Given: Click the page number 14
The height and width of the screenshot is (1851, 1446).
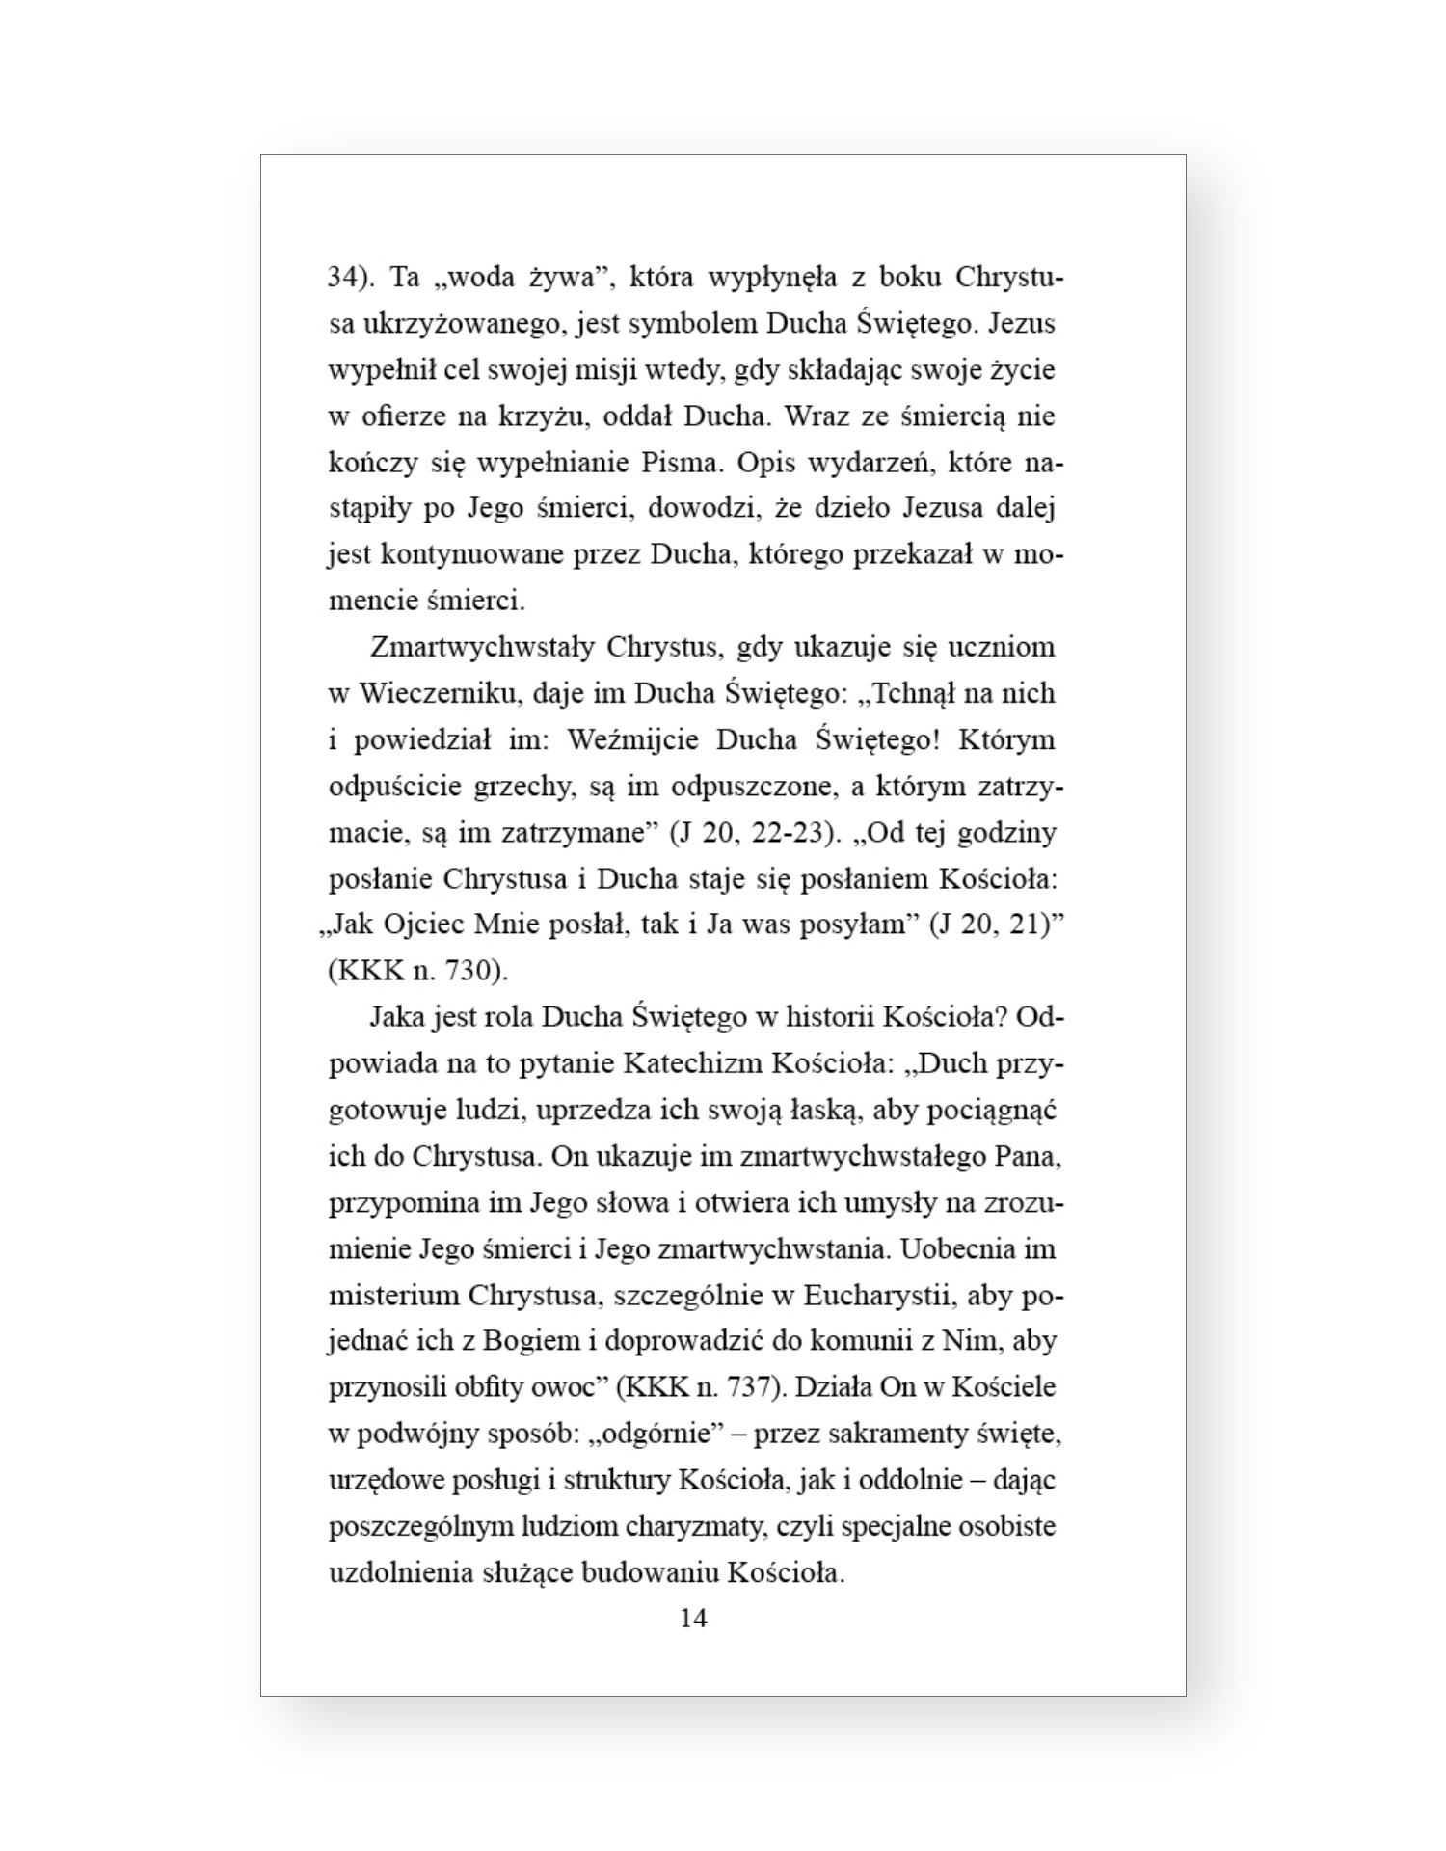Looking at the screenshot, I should [x=693, y=1618].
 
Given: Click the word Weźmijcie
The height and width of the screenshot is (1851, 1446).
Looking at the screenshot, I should [x=633, y=739].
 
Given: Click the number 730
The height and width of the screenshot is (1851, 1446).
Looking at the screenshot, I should [x=472, y=971].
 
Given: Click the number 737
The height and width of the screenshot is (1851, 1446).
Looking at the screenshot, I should [x=748, y=1387].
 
